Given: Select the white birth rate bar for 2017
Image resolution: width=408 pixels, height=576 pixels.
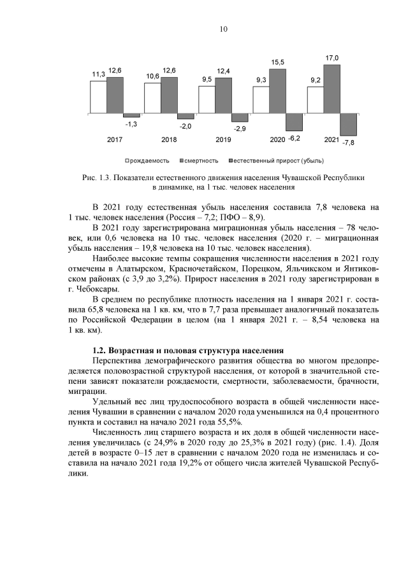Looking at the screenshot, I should pos(98,97).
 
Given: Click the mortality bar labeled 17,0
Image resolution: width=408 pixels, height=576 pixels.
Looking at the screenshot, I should pos(332,88).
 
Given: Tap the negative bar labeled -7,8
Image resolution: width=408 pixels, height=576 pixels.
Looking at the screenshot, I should pos(349,125).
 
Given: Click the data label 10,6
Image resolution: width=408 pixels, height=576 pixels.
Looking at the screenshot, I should pos(152,76).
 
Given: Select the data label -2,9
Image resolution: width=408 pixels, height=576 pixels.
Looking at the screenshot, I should pos(240,129).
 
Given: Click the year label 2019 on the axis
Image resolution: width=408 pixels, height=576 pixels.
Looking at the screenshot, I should pos(223,139).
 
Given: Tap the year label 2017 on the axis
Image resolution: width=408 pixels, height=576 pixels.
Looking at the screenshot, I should pos(115,139).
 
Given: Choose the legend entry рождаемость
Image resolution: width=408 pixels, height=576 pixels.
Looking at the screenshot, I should pos(148,160).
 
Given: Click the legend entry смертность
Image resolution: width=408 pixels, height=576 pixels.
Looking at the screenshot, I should pos(201,160).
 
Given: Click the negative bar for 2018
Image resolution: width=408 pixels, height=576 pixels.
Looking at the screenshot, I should pos(186,116).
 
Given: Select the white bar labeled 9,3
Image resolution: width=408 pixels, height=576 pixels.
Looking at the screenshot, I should pos(261,100).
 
